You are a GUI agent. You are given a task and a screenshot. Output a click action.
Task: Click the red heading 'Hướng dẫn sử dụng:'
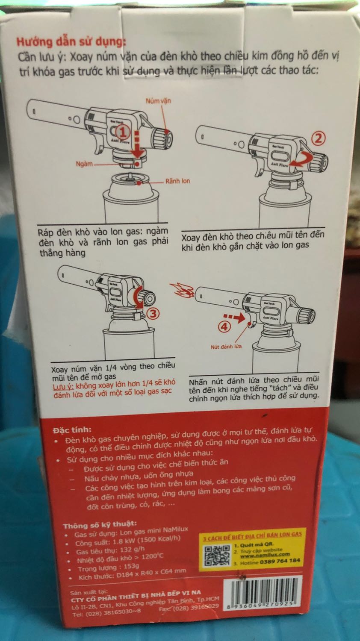pyautogui.click(x=71, y=42)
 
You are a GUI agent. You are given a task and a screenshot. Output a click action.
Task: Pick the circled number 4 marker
pyautogui.click(x=225, y=327)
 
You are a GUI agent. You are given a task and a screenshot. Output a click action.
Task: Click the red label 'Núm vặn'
pyautogui.click(x=158, y=101)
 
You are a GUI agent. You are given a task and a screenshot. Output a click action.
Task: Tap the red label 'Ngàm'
pyautogui.click(x=84, y=164)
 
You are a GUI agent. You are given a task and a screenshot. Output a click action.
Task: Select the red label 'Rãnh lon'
pyautogui.click(x=177, y=181)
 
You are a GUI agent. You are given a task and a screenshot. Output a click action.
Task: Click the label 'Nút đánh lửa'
pyautogui.click(x=226, y=347)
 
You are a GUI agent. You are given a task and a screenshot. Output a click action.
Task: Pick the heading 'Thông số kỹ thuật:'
pyautogui.click(x=100, y=524)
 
